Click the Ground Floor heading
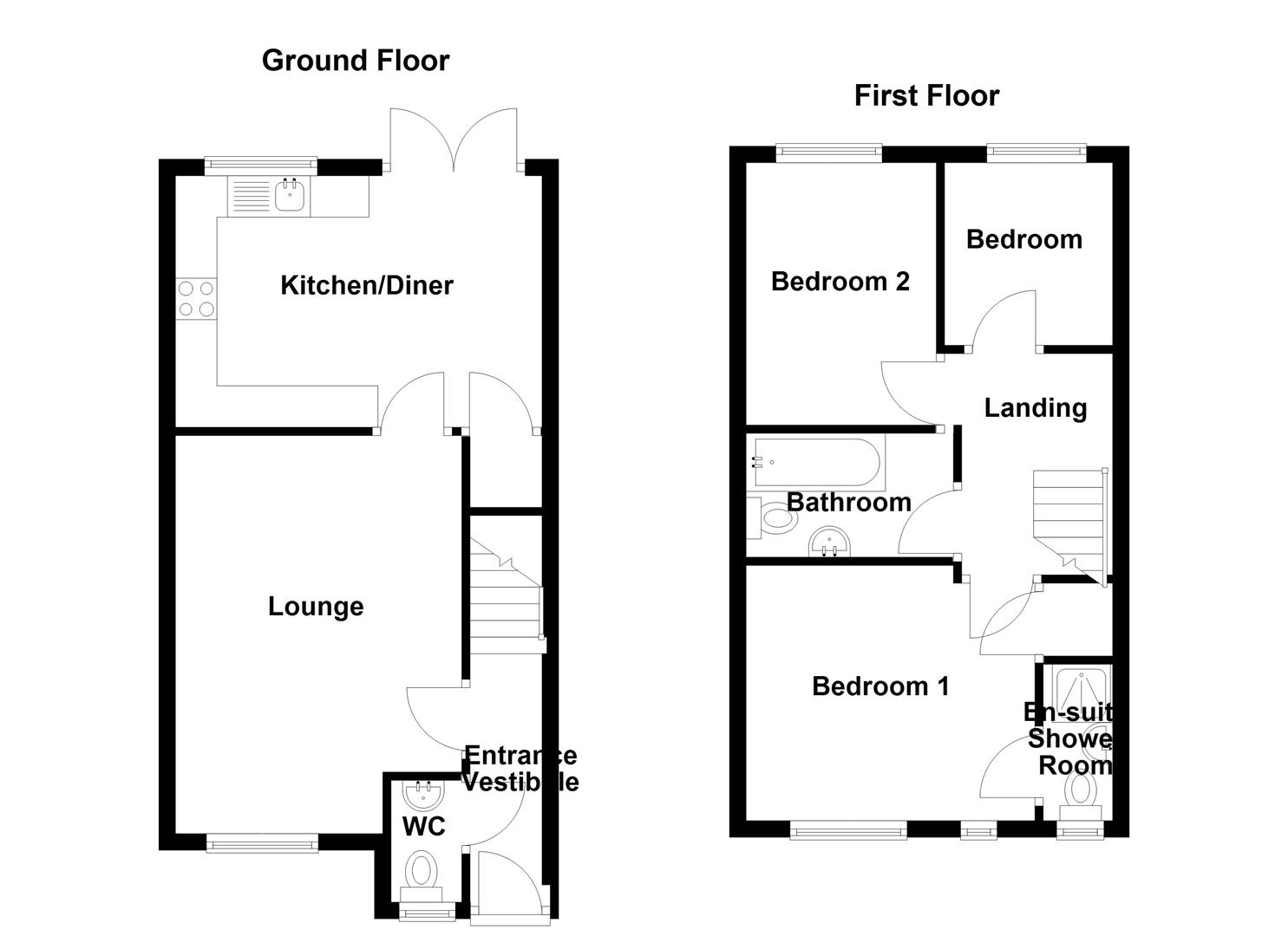tap(355, 61)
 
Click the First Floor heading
tap(925, 95)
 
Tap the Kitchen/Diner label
tap(366, 285)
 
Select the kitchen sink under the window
tap(290, 196)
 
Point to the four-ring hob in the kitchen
tap(196, 299)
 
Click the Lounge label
tap(315, 606)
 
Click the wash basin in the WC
tap(423, 793)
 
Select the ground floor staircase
tap(506, 598)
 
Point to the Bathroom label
tap(847, 503)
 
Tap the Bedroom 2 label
tap(840, 282)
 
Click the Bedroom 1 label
tap(879, 686)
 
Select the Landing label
tap(1035, 407)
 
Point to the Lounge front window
tap(262, 841)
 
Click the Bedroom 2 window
tap(828, 153)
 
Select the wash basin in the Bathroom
tap(830, 544)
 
